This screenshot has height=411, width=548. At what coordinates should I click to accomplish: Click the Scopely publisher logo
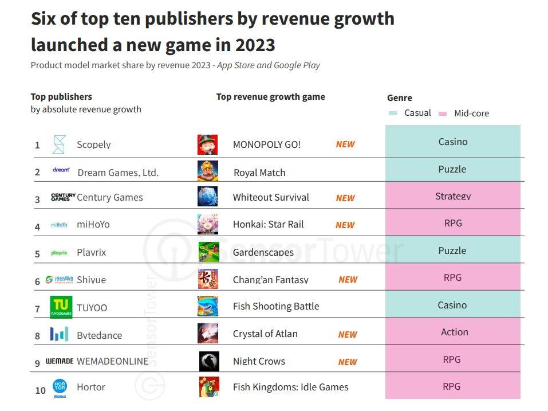[x=59, y=144]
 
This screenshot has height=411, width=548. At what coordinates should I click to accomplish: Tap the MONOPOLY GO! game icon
[x=208, y=144]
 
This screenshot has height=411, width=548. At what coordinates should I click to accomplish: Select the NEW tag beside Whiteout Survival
[x=345, y=198]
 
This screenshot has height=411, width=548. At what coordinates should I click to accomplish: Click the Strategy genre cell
[x=453, y=195]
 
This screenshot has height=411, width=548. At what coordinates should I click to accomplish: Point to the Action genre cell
[x=453, y=331]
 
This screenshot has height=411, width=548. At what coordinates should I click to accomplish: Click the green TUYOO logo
[x=61, y=307]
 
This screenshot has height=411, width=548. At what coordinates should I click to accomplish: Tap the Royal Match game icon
[x=208, y=171]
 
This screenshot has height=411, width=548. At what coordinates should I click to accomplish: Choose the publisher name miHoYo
[x=93, y=224]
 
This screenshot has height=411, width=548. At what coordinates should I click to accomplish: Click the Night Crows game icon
[x=209, y=361]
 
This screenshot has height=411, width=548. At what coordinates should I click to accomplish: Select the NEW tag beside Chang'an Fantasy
[x=348, y=280]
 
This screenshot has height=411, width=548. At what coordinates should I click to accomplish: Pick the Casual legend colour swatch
[x=393, y=113]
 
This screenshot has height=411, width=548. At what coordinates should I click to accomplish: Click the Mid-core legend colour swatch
[x=443, y=113]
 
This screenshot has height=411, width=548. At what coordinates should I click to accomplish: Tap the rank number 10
[x=41, y=390]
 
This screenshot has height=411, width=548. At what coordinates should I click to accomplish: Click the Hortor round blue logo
[x=60, y=386]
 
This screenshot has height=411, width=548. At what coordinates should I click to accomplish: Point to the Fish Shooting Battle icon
[x=208, y=306]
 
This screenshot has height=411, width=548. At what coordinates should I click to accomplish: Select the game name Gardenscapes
[x=263, y=252]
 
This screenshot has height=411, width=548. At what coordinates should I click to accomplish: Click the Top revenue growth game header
[x=270, y=96]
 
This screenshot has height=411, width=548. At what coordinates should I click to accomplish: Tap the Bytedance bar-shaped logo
[x=59, y=334]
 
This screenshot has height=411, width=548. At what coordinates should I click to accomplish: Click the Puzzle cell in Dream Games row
[x=453, y=169]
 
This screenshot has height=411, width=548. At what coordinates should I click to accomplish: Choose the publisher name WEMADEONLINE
[x=113, y=361]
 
